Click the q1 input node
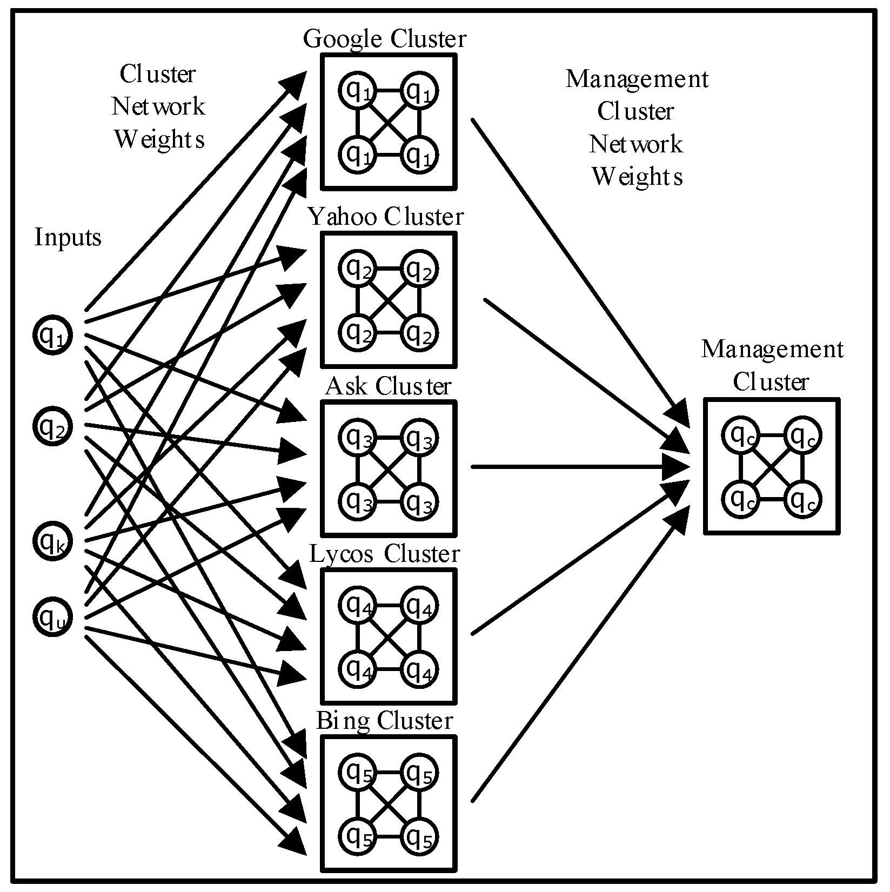coord(52,335)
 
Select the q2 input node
coord(52,426)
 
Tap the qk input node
coord(52,540)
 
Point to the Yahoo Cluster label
coord(386,217)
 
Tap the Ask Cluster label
coord(388,387)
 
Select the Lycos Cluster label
coord(384,554)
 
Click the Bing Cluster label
coord(384,721)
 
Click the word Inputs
coord(68,237)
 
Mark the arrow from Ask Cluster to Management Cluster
coord(580,466)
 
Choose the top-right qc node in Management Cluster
coord(802,435)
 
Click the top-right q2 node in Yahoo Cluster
coord(419,269)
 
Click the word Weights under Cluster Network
coord(159,138)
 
